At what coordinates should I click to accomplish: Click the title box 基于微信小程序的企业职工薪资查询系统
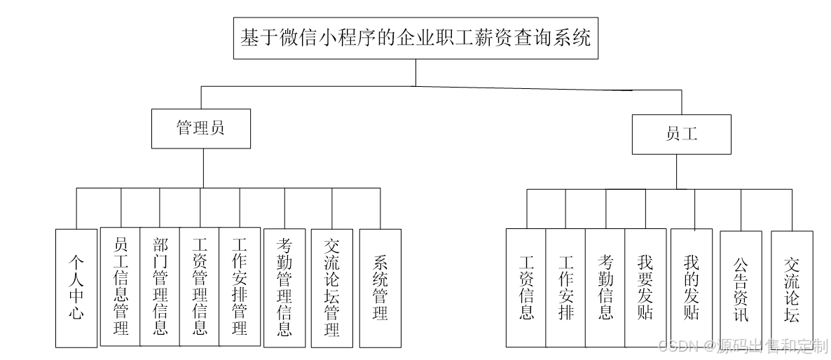(x=415, y=38)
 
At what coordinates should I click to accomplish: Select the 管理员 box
(x=201, y=128)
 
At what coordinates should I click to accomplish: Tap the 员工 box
(x=681, y=134)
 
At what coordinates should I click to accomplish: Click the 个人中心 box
(x=76, y=287)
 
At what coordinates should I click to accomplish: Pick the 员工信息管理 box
(x=121, y=286)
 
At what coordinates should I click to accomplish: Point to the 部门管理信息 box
(x=160, y=286)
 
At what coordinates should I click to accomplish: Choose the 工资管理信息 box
(x=200, y=286)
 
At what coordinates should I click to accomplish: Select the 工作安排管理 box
(x=239, y=286)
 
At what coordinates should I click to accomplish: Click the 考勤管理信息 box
(x=284, y=287)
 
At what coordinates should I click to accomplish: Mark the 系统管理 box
(x=380, y=287)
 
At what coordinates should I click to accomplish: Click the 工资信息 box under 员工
(x=526, y=287)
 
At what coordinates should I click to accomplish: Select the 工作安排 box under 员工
(x=565, y=287)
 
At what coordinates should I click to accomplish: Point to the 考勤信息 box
(x=605, y=287)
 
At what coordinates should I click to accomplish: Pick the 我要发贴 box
(x=645, y=287)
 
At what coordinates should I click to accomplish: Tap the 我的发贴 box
(x=691, y=287)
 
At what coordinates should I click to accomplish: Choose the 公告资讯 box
(x=741, y=289)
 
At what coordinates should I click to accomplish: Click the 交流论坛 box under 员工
(x=792, y=289)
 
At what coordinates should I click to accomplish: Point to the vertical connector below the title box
(x=415, y=72)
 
